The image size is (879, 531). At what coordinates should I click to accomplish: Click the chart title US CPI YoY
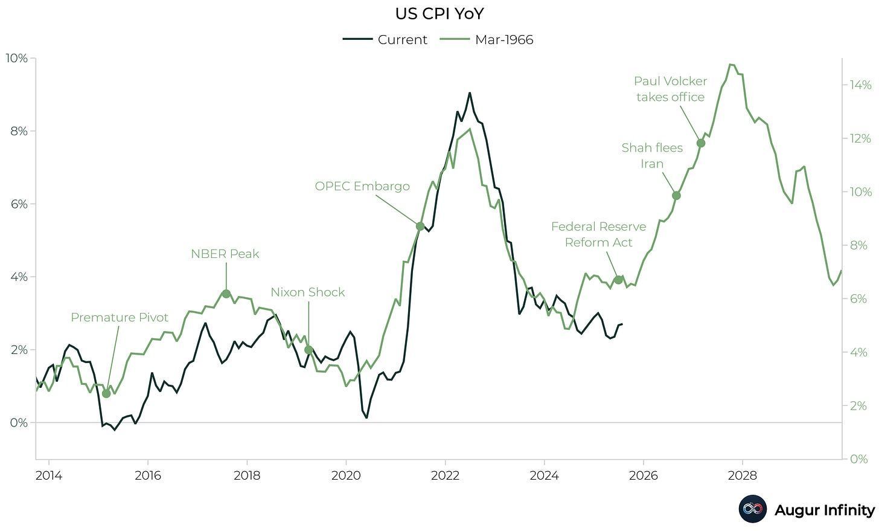439,13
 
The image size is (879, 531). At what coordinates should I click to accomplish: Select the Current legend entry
385,40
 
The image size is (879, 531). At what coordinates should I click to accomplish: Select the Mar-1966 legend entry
487,40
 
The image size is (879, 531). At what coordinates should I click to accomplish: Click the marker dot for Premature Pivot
106,394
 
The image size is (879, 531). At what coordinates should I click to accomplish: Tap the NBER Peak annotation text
225,254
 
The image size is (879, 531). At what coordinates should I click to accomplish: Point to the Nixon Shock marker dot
308,350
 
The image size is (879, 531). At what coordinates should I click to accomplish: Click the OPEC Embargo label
362,186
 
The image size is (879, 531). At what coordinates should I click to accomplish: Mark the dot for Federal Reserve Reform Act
618,280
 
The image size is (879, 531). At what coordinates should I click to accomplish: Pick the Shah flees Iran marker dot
676,195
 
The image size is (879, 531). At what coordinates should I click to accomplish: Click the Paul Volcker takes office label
670,89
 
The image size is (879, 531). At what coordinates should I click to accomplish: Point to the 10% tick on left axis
16,58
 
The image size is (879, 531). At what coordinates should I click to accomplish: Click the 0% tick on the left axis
18,423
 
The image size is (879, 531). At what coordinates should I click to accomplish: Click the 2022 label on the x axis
446,475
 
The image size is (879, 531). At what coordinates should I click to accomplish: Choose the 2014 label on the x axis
48,475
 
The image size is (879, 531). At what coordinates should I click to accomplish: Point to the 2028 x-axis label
742,475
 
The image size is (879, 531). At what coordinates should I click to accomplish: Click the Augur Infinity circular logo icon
752,509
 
